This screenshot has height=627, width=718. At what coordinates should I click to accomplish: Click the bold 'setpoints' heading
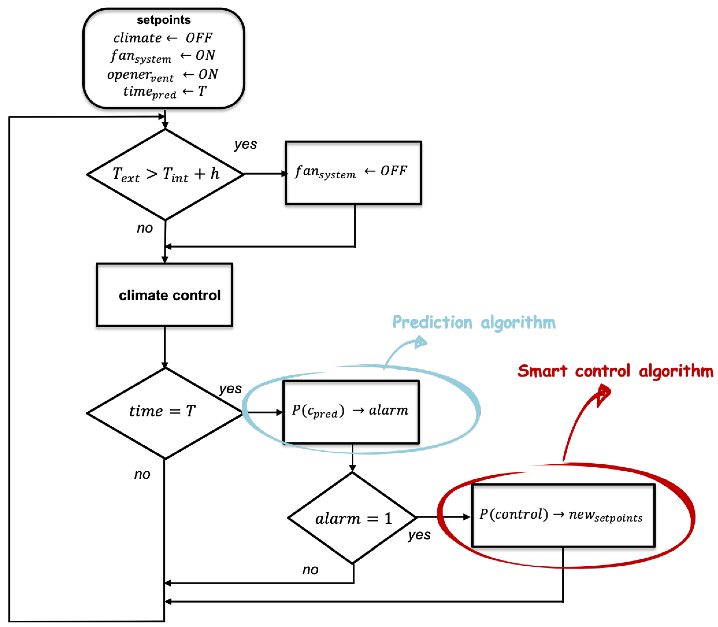[x=164, y=20]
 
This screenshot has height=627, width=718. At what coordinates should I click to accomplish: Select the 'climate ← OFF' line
[x=163, y=38]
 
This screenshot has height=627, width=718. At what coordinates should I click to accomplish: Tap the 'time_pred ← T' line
[x=165, y=92]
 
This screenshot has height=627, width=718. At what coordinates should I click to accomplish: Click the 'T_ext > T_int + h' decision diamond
[x=165, y=174]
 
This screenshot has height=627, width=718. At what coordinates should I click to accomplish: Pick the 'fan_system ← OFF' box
[x=353, y=173]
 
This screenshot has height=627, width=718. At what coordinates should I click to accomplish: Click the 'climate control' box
[x=165, y=295]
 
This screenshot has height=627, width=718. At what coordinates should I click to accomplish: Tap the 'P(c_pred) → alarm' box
[x=351, y=411]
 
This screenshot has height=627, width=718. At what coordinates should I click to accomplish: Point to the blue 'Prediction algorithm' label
[x=474, y=322]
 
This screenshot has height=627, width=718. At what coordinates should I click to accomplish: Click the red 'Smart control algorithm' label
[x=615, y=371]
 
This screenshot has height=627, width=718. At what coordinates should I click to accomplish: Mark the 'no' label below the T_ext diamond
[x=145, y=228]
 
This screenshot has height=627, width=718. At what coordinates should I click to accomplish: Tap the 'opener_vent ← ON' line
[x=163, y=75]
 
